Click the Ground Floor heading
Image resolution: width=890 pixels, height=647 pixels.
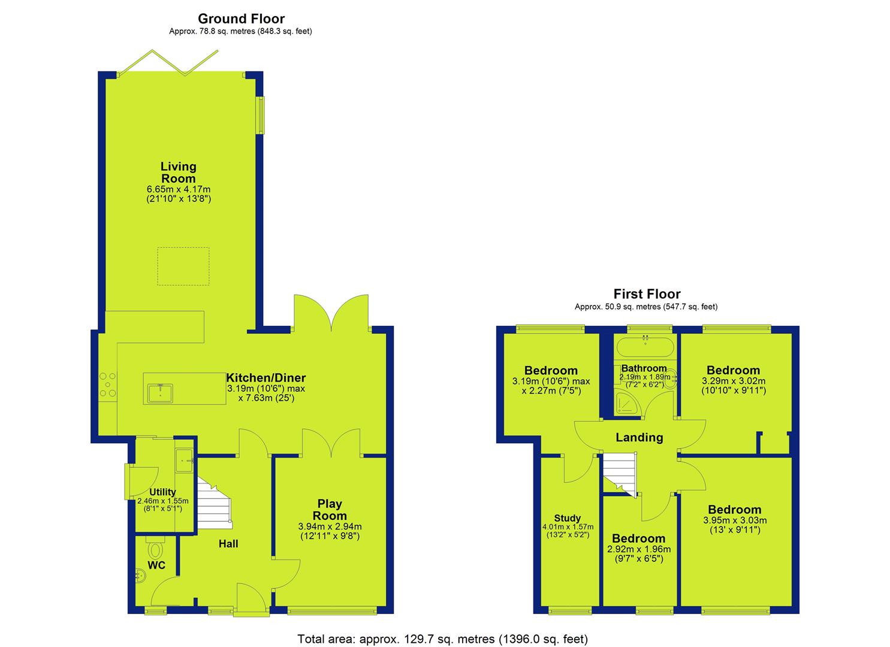tap(241, 19)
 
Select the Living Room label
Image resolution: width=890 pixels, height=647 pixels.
tap(179, 173)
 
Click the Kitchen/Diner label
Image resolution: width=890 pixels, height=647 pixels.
tap(266, 377)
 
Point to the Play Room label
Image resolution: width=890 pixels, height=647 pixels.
tap(330, 510)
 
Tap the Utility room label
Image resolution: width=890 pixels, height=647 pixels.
tap(162, 492)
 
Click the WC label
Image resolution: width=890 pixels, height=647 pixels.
tap(156, 565)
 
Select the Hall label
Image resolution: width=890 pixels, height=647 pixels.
tap(228, 544)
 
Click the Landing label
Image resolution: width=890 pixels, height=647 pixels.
tap(639, 437)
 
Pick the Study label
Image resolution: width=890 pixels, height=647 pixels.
tap(568, 518)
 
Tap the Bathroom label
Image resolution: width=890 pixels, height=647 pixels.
tap(644, 368)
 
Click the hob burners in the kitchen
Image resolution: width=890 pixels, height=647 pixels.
tap(108, 384)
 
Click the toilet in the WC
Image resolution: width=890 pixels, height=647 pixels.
tap(155, 549)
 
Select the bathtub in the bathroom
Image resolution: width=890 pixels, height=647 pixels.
tap(645, 346)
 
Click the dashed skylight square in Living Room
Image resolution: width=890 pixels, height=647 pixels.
tap(183, 266)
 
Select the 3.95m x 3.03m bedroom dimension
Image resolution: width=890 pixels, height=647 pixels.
tap(735, 521)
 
